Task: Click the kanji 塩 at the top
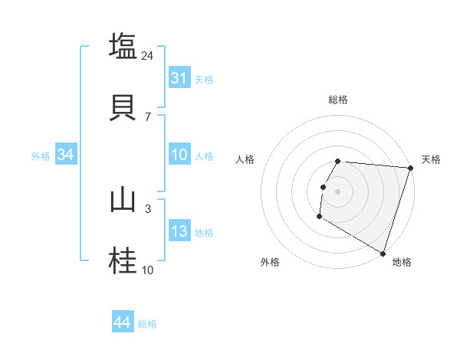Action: click(123, 46)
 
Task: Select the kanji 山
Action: click(123, 201)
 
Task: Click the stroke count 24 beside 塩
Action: click(149, 55)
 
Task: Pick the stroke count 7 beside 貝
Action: click(148, 116)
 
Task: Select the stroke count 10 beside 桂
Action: click(148, 270)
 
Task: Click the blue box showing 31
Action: click(179, 78)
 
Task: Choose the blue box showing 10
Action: click(179, 155)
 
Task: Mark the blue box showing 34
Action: click(66, 155)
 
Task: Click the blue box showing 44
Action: click(123, 322)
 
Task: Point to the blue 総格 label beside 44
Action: click(147, 324)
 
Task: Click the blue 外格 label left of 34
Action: click(41, 156)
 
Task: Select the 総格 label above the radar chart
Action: click(338, 100)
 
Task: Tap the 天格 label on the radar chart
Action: click(431, 159)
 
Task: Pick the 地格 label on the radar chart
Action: click(402, 262)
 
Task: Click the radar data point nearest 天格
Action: click(410, 168)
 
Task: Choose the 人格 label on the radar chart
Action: click(245, 159)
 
